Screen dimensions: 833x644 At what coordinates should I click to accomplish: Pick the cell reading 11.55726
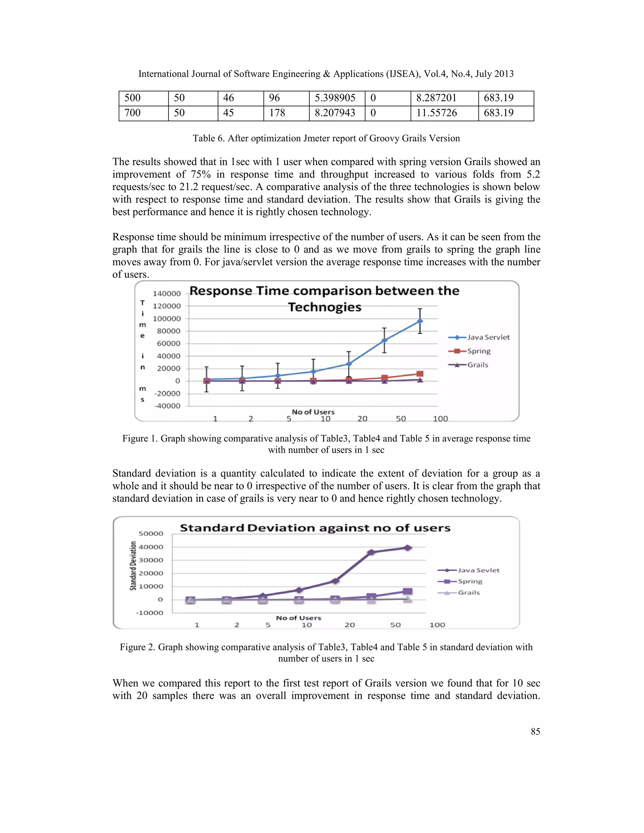[444, 113]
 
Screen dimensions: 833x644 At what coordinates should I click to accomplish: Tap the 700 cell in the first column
[143, 113]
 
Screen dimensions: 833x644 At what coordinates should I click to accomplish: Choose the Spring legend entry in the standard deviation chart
[470, 581]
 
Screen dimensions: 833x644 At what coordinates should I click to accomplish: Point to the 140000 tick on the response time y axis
[167, 293]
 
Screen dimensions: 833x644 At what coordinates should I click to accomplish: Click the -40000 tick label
[168, 406]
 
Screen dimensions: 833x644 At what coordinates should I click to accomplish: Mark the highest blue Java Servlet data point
[420, 321]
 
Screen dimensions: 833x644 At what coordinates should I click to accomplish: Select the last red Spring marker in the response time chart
[420, 374]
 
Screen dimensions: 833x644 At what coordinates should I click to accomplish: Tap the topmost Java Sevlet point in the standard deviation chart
[408, 548]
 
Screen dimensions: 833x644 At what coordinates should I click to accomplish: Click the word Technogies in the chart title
[325, 307]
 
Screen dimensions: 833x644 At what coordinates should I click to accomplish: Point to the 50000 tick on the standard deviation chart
[150, 534]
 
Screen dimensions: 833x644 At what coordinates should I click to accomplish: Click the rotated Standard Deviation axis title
[133, 565]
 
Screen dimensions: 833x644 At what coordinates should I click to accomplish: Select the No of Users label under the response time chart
[313, 412]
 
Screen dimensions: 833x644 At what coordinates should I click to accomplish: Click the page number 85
[535, 731]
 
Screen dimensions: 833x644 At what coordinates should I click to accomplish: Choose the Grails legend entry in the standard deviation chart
[469, 592]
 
